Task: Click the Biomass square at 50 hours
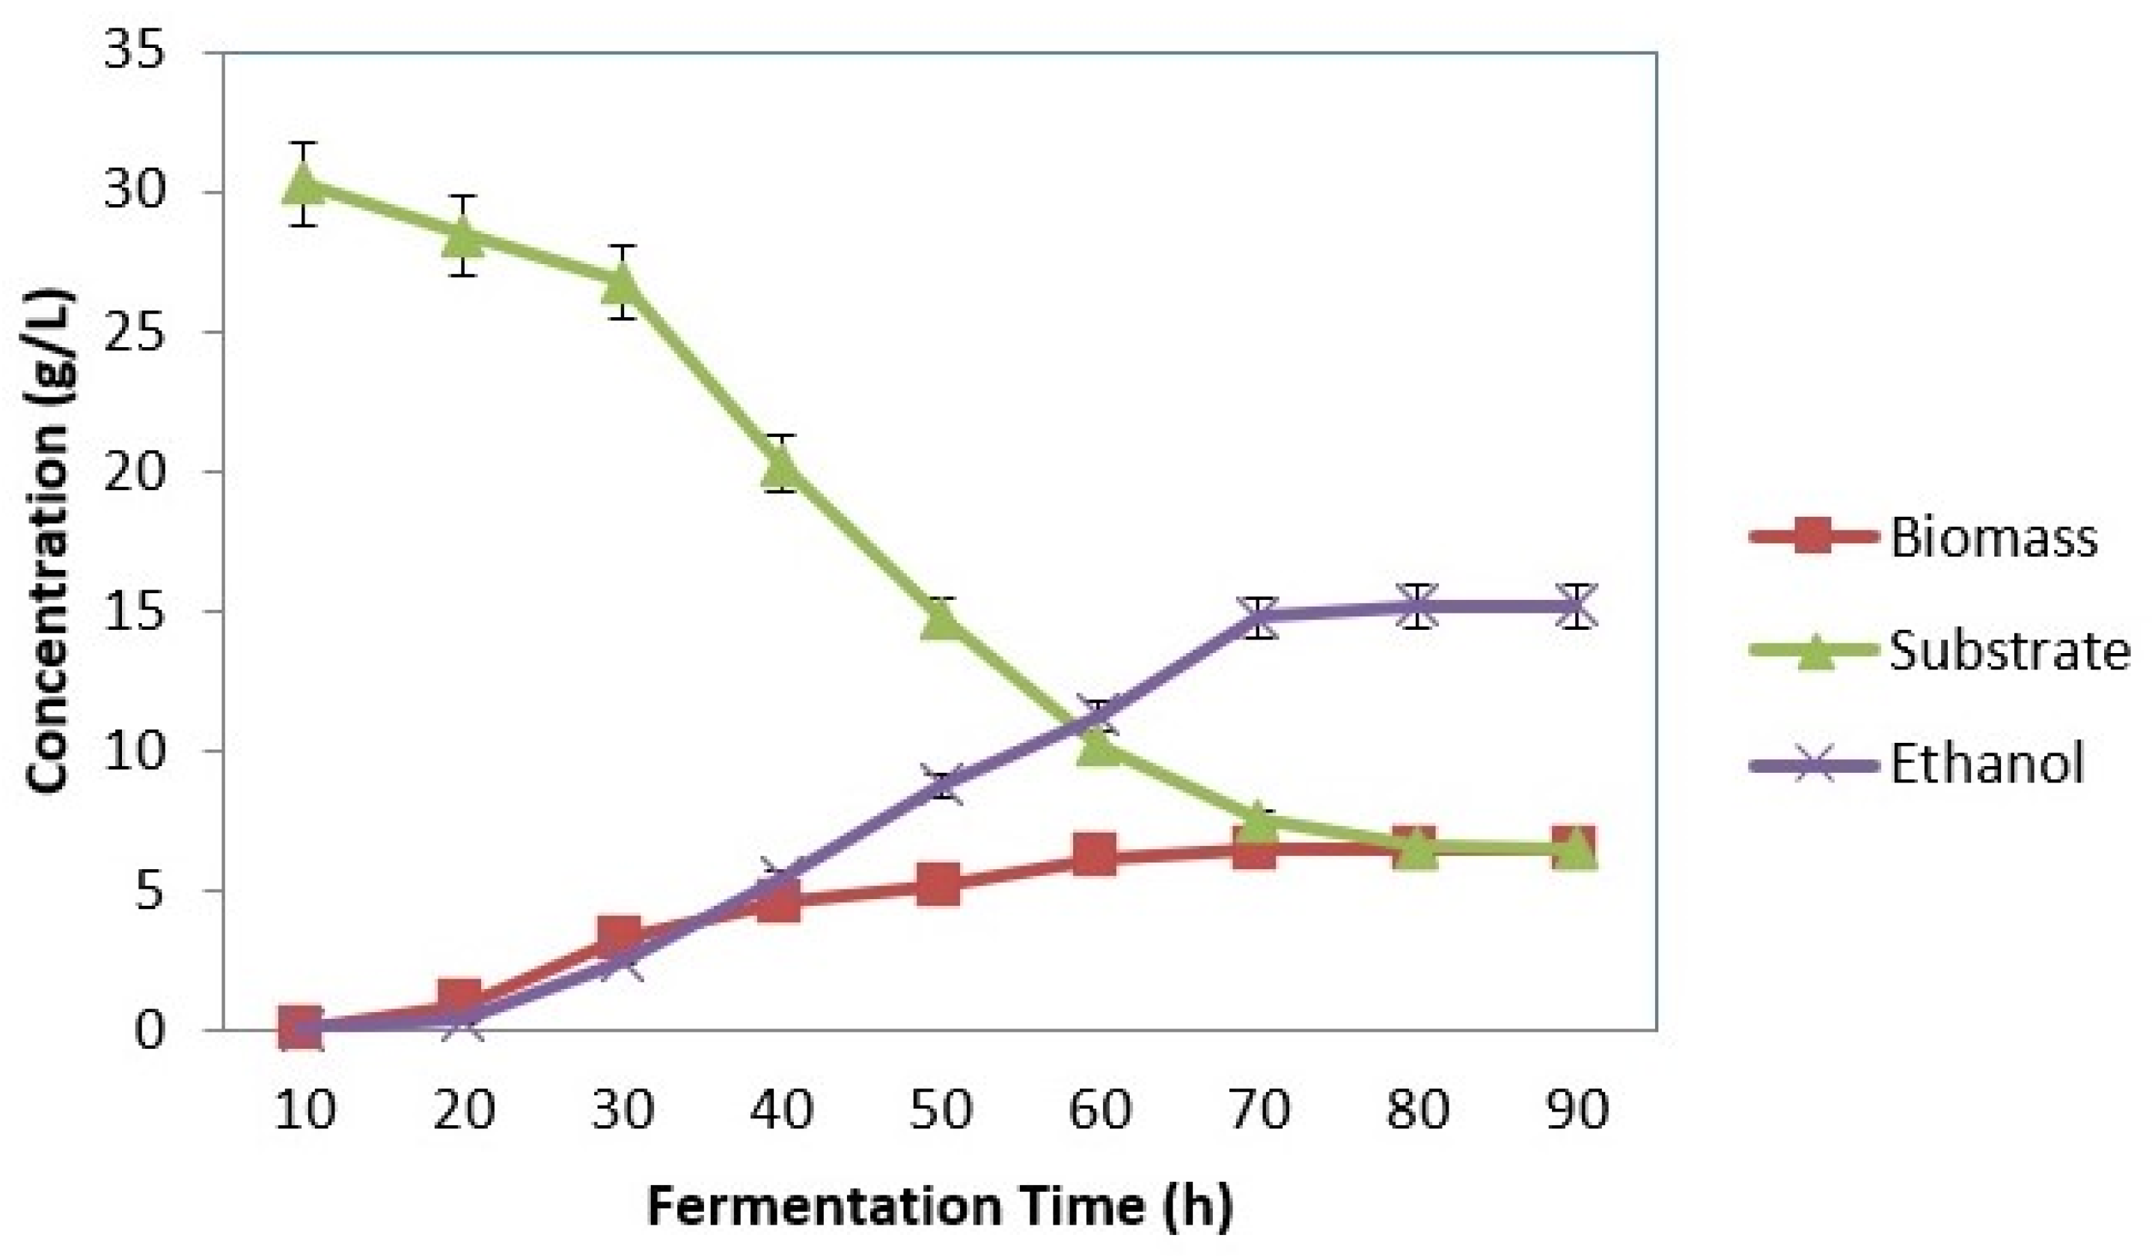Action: point(941,883)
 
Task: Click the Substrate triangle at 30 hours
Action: point(622,284)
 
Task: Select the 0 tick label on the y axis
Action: point(149,1031)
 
